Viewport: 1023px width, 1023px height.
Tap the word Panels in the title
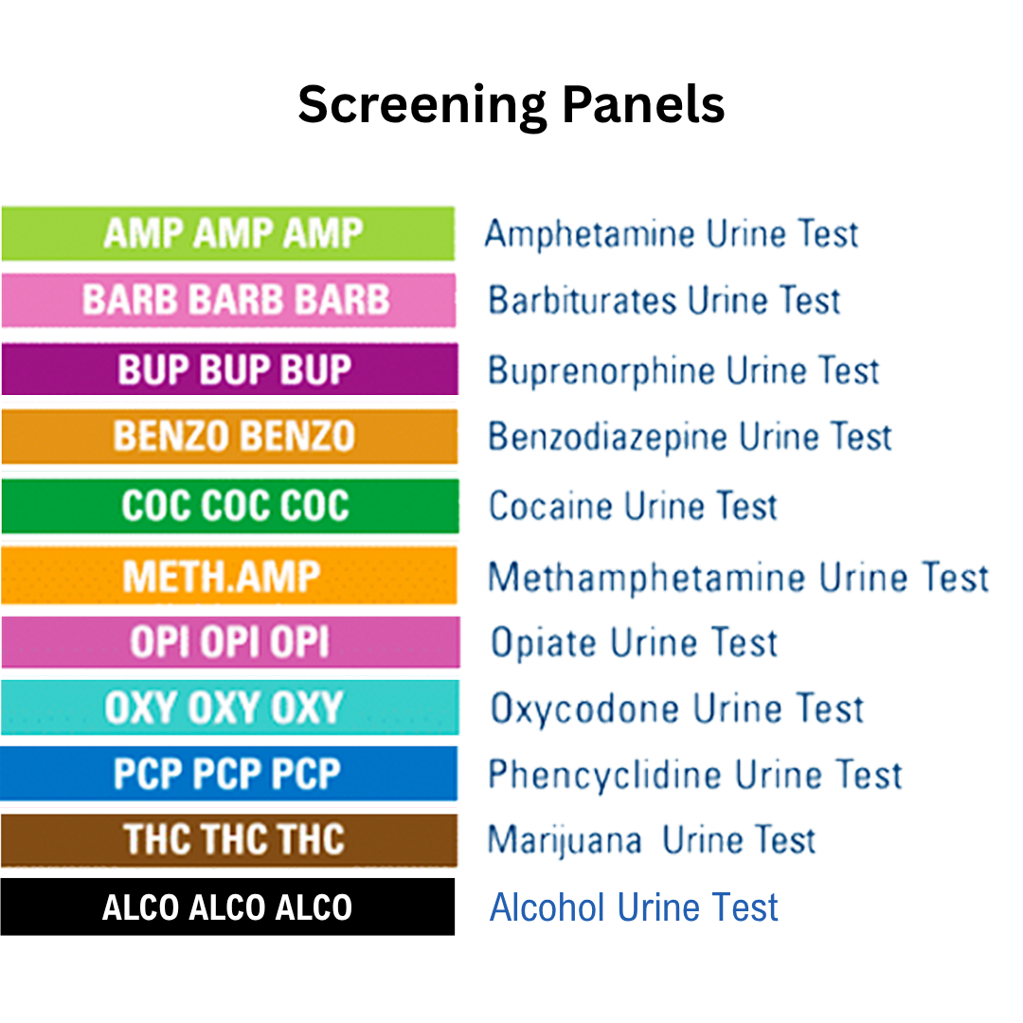(643, 105)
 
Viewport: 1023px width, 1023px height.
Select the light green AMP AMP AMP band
(228, 233)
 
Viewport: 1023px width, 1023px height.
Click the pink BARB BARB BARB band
(228, 300)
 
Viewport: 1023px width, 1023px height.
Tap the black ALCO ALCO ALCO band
(227, 907)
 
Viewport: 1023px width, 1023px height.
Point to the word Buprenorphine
(589, 370)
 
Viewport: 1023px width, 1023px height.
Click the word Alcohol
(547, 907)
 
